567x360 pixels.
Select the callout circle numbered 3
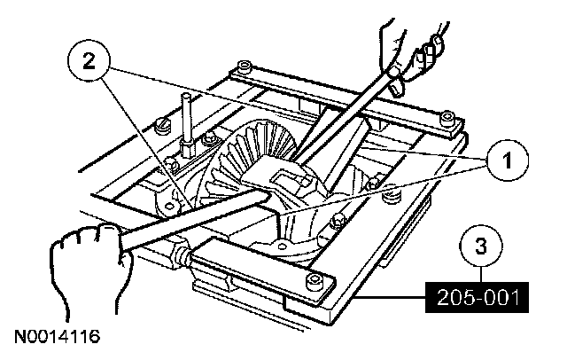pyautogui.click(x=482, y=248)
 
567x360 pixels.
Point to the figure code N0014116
pyautogui.click(x=56, y=338)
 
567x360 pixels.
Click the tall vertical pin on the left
pyautogui.click(x=190, y=115)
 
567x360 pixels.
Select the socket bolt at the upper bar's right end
pyautogui.click(x=450, y=120)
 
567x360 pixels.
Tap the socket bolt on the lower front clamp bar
pyautogui.click(x=316, y=281)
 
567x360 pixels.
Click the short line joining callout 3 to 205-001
pyautogui.click(x=482, y=276)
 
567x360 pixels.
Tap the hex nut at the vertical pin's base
pyautogui.click(x=190, y=142)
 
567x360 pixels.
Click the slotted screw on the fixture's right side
pyautogui.click(x=376, y=184)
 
